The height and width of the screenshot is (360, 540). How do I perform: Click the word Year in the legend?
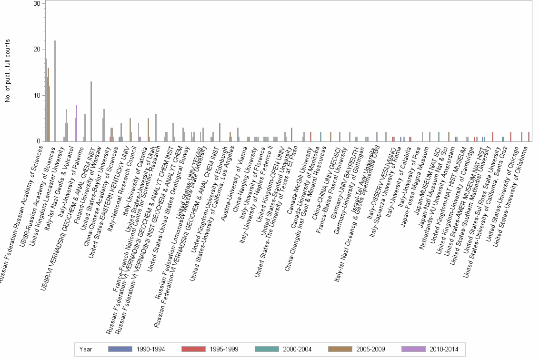pos(86,349)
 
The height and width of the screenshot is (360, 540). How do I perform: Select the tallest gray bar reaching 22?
pos(55,91)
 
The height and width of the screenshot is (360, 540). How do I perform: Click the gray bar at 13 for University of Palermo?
pos(91,111)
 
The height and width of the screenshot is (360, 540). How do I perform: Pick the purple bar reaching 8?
pos(76,123)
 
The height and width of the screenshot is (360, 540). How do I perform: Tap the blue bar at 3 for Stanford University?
pos(291,134)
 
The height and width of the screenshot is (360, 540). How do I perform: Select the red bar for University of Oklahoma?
pos(529,137)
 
